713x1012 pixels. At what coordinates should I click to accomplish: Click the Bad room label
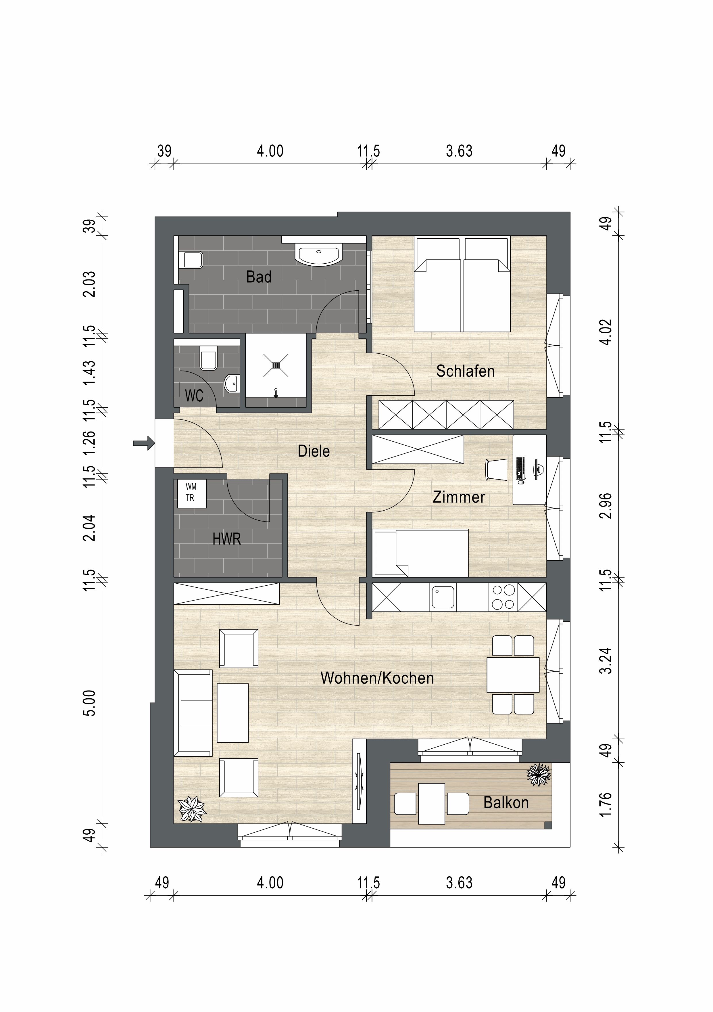(259, 277)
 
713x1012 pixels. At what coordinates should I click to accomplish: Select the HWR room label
(226, 538)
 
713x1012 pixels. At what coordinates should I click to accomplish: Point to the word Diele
(314, 451)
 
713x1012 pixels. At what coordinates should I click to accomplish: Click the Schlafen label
(465, 371)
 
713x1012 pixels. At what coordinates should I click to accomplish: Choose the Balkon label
(506, 803)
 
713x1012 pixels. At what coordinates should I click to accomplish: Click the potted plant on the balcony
(539, 775)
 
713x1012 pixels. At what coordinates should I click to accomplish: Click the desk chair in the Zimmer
(497, 469)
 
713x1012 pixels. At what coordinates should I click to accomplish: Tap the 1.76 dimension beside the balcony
(606, 804)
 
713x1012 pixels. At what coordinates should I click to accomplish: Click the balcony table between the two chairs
(431, 804)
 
